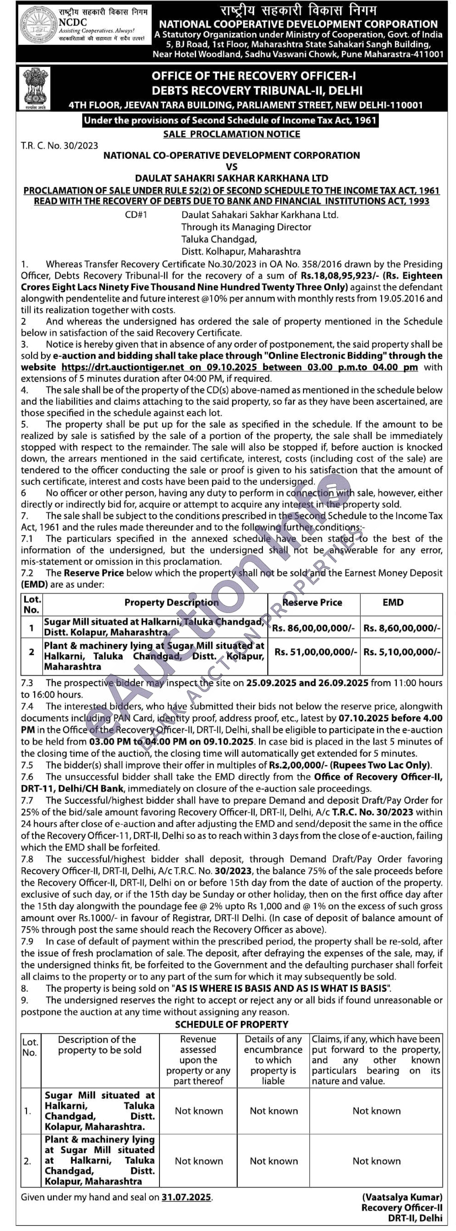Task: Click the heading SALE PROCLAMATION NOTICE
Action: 232,134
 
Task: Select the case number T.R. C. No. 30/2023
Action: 59,146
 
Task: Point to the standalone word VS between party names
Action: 232,167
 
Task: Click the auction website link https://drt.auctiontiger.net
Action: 123,367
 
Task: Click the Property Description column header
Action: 171,603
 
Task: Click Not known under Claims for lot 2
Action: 376,1161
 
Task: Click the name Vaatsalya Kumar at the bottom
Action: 402,1197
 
